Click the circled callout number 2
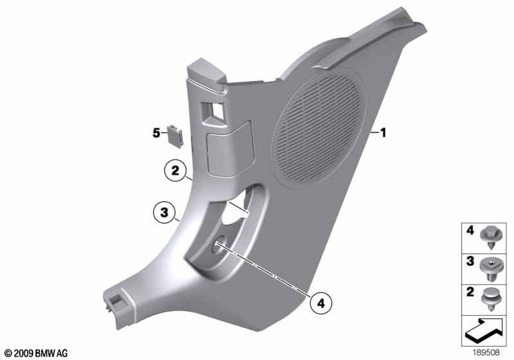pyautogui.click(x=175, y=170)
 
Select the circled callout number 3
pyautogui.click(x=164, y=212)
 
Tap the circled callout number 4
pyautogui.click(x=321, y=303)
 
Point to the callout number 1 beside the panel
pyautogui.click(x=383, y=133)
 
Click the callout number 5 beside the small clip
pyautogui.click(x=156, y=133)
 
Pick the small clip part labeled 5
pyautogui.click(x=175, y=136)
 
